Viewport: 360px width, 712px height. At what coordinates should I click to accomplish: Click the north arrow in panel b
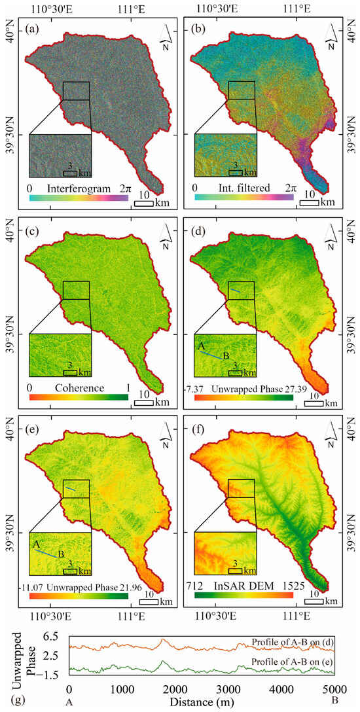click(x=334, y=35)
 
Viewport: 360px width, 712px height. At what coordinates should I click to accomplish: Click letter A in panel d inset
click(x=202, y=345)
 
